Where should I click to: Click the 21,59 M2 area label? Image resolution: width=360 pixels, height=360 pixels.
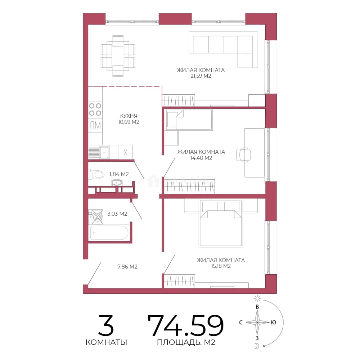[201, 76]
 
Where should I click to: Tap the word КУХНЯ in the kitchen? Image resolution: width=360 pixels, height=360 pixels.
[129, 116]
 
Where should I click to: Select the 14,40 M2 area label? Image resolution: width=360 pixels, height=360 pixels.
[201, 158]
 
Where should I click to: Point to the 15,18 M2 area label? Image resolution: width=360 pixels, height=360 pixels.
[221, 266]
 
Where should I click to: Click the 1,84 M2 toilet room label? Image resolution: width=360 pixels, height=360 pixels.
[119, 174]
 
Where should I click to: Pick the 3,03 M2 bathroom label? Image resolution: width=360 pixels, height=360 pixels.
[117, 214]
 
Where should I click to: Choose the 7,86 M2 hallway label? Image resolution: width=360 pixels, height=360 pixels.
[127, 267]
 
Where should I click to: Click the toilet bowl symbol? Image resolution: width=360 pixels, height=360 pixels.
[96, 175]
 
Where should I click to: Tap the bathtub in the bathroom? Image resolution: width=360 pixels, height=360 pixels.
[109, 233]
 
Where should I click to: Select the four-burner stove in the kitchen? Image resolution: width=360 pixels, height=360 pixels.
[95, 109]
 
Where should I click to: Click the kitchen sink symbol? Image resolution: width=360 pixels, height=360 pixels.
[104, 152]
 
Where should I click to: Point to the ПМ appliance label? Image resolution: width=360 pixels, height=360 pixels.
[95, 125]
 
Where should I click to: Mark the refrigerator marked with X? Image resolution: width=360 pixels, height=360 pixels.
[125, 152]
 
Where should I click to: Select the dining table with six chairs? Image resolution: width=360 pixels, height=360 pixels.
[118, 56]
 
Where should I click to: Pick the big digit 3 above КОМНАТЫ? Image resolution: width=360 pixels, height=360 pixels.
[106, 325]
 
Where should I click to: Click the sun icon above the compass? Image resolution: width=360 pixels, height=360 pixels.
[257, 298]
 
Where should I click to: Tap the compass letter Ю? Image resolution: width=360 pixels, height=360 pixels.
[273, 323]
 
